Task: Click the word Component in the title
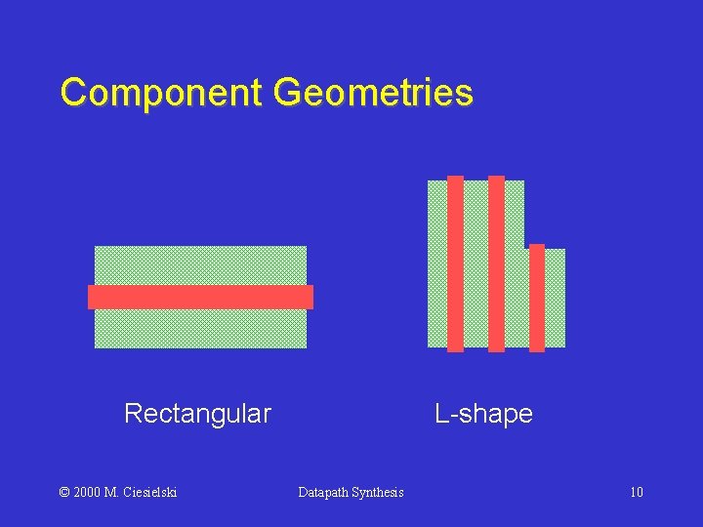[x=161, y=94]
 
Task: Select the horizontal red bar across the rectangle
[x=200, y=297]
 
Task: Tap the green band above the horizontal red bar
[x=200, y=265]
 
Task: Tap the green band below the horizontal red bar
[x=200, y=328]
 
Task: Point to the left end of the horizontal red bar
[x=92, y=297]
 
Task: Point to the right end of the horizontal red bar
[x=309, y=297]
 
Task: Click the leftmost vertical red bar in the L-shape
[x=455, y=263]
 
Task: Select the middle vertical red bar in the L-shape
[x=496, y=263]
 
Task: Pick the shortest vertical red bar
[x=537, y=298]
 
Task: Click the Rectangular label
[x=197, y=414]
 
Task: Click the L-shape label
[x=483, y=414]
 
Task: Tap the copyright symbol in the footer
[x=65, y=492]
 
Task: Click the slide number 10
[x=637, y=492]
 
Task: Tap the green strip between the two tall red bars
[x=476, y=263]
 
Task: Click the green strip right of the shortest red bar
[x=555, y=298]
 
